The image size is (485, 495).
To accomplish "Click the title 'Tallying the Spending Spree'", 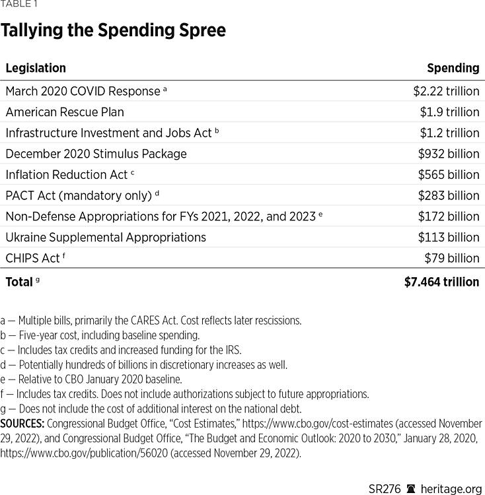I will (113, 30).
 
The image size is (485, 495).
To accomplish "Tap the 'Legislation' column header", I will (36, 68).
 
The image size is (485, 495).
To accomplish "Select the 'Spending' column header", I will (453, 68).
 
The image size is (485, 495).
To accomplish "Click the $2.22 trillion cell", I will (446, 91).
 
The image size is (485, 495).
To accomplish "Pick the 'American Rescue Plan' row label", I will (65, 112).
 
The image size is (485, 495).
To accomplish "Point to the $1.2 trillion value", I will (449, 133).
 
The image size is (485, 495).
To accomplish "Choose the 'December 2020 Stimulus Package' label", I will (96, 154).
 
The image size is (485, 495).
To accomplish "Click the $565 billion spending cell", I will (449, 175).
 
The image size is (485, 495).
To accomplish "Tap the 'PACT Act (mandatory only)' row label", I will (79, 195).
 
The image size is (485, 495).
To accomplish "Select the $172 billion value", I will (449, 216).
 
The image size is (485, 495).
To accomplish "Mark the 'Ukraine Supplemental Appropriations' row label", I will (106, 237).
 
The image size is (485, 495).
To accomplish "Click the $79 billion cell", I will (452, 258).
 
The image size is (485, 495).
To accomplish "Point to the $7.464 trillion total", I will (441, 282).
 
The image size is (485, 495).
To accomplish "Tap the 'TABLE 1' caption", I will (19, 4).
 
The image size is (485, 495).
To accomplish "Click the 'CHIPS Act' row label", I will (32, 258).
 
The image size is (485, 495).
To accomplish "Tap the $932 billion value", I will (449, 154).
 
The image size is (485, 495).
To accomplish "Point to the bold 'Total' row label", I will (19, 282).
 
